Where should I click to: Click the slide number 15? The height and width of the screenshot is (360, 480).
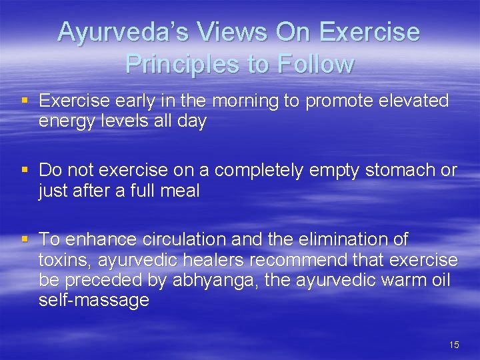(x=454, y=345)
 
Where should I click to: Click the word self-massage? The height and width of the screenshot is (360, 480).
(x=94, y=301)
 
